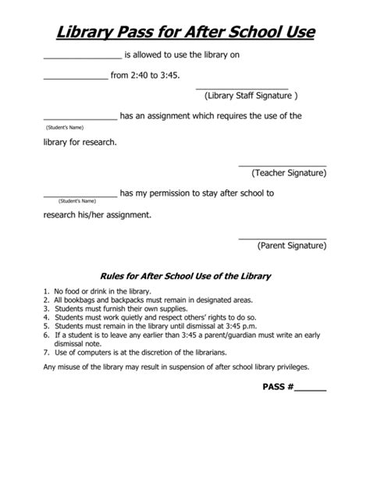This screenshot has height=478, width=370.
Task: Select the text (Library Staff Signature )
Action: [x=251, y=96]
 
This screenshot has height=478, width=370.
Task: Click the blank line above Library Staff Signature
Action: [x=241, y=88]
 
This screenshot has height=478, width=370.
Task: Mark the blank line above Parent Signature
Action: [x=282, y=236]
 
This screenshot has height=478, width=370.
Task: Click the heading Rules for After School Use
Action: [x=185, y=276]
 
